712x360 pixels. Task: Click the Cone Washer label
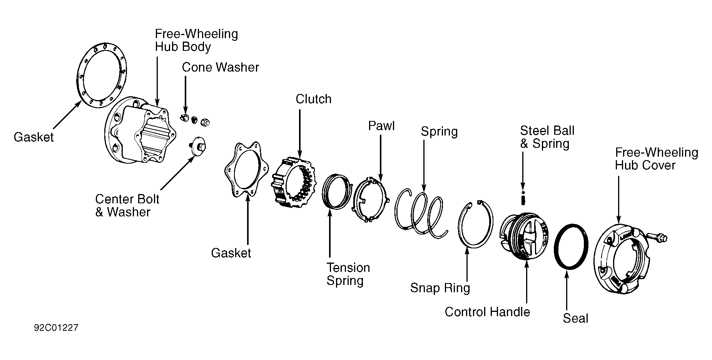tap(220, 67)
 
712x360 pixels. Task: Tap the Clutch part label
tap(313, 99)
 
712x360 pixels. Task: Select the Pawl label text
tap(381, 126)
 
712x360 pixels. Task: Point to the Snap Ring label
tap(440, 288)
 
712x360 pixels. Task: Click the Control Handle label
tap(487, 312)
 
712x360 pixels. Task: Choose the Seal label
tap(575, 318)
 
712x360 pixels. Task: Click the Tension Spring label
tap(348, 274)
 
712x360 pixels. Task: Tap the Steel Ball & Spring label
tap(547, 137)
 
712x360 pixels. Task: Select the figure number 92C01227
tap(56, 328)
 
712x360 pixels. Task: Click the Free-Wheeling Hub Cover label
tap(656, 159)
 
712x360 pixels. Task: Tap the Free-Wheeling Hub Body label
tap(196, 40)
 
